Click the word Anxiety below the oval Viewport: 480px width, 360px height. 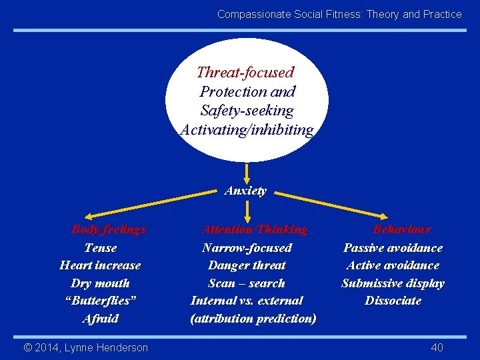[x=245, y=191]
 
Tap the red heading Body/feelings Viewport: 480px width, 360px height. [x=109, y=229]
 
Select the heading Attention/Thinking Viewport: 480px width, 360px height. [x=255, y=229]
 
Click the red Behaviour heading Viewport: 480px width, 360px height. [x=401, y=229]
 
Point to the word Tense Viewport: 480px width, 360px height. [x=101, y=248]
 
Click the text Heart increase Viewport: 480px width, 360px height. [x=100, y=265]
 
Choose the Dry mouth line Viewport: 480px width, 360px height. [x=100, y=283]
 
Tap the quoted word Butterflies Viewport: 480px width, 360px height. [x=101, y=301]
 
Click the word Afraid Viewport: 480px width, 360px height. [x=101, y=319]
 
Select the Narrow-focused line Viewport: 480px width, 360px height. [x=247, y=248]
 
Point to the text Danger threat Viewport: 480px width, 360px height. [x=247, y=265]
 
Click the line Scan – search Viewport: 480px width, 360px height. [x=247, y=283]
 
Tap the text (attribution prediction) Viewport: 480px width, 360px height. [x=253, y=319]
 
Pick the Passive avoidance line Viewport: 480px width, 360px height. [x=393, y=248]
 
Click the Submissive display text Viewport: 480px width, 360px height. [x=393, y=283]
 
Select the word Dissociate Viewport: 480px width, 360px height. [x=393, y=301]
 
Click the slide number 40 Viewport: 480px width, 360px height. [x=437, y=347]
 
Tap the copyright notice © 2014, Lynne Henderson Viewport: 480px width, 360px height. [x=86, y=347]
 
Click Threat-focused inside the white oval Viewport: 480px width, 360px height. [x=245, y=72]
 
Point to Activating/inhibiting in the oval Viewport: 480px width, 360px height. [x=247, y=129]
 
